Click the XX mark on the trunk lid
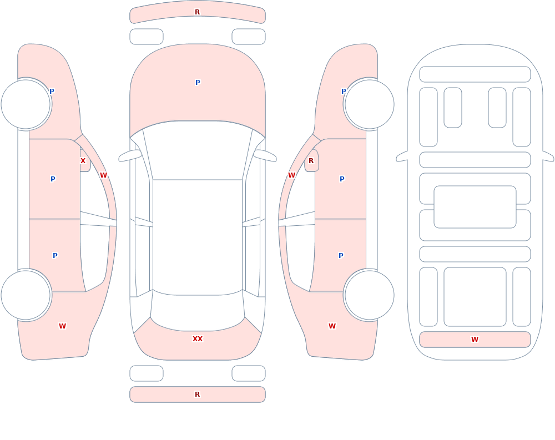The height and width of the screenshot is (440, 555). pos(198,339)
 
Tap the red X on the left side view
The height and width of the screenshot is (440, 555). pos(83,161)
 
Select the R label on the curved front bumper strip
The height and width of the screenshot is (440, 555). pos(198,12)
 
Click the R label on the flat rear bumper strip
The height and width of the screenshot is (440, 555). pos(198,395)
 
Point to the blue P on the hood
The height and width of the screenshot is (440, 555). pos(198,83)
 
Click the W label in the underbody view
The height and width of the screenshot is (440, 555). pos(475,340)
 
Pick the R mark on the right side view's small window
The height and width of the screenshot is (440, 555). pos(311,161)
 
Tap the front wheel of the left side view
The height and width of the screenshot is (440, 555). pos(26,104)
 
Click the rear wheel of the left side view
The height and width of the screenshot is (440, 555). pos(26,295)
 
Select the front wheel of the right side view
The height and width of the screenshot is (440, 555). pos(369,104)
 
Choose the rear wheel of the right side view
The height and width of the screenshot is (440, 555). pos(369,295)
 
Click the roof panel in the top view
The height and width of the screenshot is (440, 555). pos(198,237)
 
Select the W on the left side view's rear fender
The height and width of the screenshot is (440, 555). pos(62,326)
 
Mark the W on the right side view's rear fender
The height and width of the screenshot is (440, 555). pos(332,326)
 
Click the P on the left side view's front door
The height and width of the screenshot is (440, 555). pos(53,179)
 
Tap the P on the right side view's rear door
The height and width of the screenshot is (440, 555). pos(341,255)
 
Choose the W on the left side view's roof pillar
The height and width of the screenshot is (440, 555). pos(103,175)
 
